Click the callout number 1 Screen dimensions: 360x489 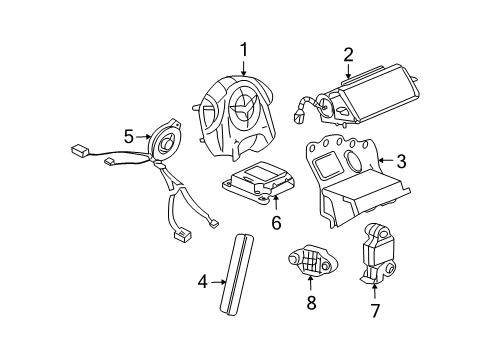pyautogui.click(x=242, y=48)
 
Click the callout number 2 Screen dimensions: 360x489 pyautogui.click(x=348, y=54)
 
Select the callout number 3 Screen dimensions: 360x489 pyautogui.click(x=401, y=161)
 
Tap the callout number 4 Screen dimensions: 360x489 pyautogui.click(x=202, y=283)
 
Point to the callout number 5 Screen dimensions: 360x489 pyautogui.click(x=129, y=135)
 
